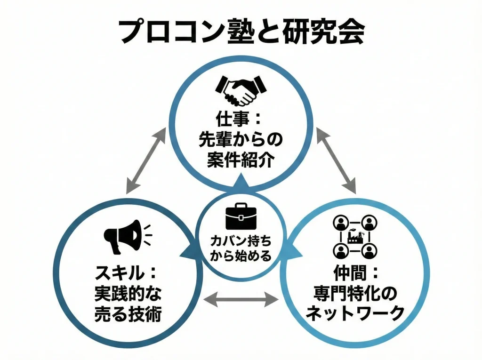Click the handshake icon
tap(241, 90)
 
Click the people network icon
tap(355, 237)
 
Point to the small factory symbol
tap(355, 237)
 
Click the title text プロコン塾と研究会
tap(241, 32)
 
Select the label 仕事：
tap(241, 119)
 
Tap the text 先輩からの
tap(241, 140)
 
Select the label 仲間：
tap(355, 273)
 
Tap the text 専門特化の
tap(355, 294)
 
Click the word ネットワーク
tap(355, 314)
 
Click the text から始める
tap(241, 256)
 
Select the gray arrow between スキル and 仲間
tap(241, 298)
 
